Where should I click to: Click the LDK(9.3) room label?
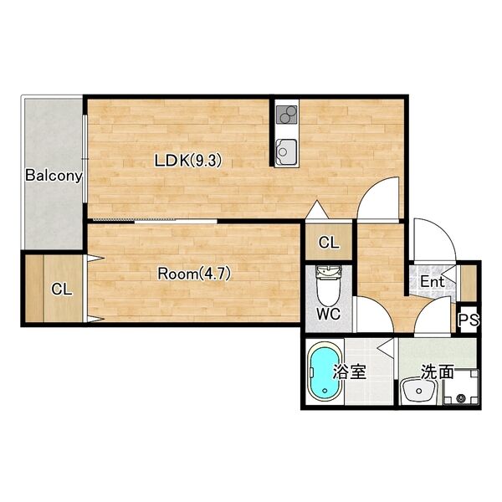pyautogui.click(x=188, y=161)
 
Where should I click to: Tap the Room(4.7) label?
pyautogui.click(x=194, y=274)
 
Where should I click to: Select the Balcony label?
pyautogui.click(x=54, y=176)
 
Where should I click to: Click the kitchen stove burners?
pyautogui.click(x=287, y=115)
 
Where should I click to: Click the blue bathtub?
pyautogui.click(x=325, y=372)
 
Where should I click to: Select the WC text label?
pyautogui.click(x=328, y=315)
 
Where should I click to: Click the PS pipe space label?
pyautogui.click(x=469, y=320)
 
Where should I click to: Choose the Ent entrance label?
pyautogui.click(x=433, y=282)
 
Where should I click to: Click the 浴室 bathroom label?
pyautogui.click(x=350, y=372)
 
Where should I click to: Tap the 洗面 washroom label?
pyautogui.click(x=438, y=372)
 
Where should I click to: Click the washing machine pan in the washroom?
pyautogui.click(x=461, y=387)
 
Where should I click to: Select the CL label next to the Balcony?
pyautogui.click(x=61, y=289)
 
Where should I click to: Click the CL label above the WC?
pyautogui.click(x=329, y=243)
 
